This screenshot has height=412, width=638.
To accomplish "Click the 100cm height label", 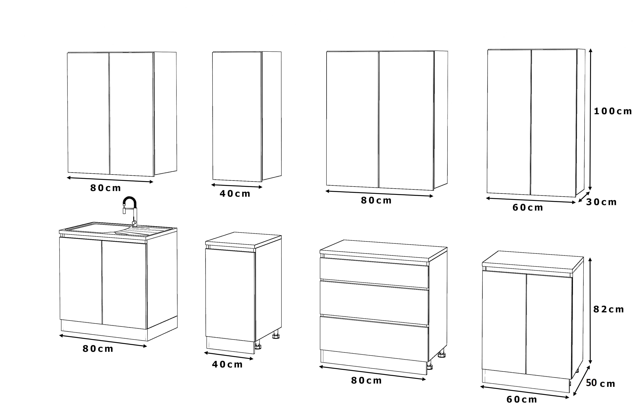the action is coord(613,111).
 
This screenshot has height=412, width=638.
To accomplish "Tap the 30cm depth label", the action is coord(601,202).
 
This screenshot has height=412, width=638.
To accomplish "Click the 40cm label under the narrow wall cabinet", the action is coord(235,194).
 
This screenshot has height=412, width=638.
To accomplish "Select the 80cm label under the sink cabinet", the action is coord(98,349).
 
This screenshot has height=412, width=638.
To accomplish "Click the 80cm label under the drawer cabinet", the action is coord(366,381).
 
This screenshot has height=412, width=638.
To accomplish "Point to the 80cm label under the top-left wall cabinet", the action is coord(106,188).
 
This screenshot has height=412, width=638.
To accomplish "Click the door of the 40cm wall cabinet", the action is coord(237,117).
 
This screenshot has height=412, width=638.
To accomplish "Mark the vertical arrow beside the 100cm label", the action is coord(590,119).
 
